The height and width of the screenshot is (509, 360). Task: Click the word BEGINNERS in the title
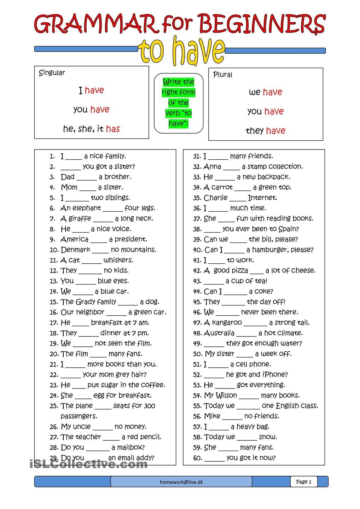[262, 24]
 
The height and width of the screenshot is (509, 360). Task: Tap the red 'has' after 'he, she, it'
[113, 129]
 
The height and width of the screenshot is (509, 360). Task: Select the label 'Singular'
[52, 73]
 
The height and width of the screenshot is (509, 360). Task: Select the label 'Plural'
[222, 75]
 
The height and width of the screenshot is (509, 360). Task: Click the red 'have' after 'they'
[275, 131]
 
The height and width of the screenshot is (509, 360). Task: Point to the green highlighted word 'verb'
[172, 113]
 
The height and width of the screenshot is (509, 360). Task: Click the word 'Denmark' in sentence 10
[75, 250]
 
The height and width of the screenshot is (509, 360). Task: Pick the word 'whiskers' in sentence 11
[118, 260]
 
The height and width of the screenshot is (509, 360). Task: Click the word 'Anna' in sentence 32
[212, 166]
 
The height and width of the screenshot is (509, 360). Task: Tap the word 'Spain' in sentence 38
[289, 229]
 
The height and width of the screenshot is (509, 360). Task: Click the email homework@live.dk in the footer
[181, 482]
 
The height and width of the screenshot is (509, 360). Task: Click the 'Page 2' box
[304, 482]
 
